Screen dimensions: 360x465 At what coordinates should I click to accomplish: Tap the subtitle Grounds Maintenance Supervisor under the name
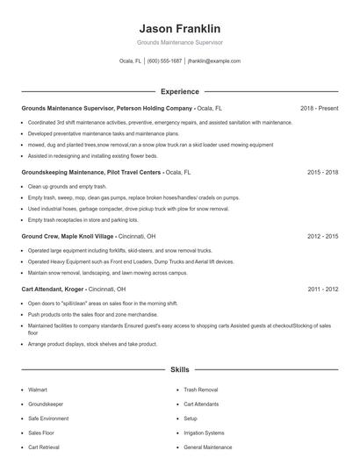pos(179,42)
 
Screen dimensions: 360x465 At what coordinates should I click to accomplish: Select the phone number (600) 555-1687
pos(165,61)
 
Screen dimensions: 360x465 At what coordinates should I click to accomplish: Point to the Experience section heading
pos(179,91)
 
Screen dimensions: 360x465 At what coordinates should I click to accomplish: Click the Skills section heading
pos(179,370)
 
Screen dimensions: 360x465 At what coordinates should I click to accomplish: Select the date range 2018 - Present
pos(319,108)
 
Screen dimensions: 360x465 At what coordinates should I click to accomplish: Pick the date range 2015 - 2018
pos(322,173)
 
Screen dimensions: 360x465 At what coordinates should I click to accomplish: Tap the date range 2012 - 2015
pos(322,236)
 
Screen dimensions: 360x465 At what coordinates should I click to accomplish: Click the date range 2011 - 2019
pos(322,288)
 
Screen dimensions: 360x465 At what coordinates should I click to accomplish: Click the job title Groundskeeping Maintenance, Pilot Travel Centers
pos(91,173)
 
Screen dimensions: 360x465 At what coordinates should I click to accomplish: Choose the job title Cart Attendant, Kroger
pos(54,288)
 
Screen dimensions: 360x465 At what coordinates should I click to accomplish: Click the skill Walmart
pos(38,389)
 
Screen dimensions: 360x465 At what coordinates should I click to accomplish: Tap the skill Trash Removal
pos(200,389)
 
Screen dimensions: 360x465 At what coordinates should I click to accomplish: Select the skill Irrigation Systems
pos(204,433)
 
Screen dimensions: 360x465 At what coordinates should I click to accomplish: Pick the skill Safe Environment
pos(48,418)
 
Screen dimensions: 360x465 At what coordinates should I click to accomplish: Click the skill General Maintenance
pos(208,447)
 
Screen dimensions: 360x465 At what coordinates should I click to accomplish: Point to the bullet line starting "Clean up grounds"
pos(61,187)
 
